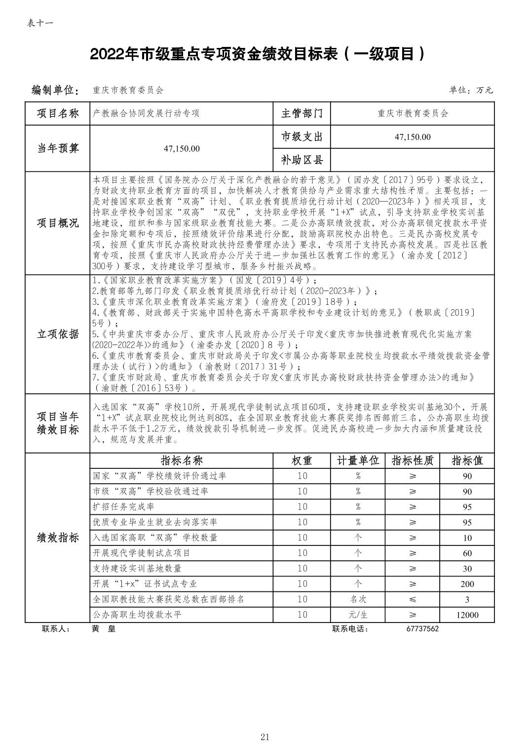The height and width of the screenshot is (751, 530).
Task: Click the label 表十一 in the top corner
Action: coord(39,23)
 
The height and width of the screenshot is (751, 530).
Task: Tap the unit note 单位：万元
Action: coord(470,90)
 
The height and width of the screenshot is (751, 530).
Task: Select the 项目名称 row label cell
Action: coord(58,113)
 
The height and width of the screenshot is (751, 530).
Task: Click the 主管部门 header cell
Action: coord(302,113)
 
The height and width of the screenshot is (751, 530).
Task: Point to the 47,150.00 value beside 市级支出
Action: coord(413,137)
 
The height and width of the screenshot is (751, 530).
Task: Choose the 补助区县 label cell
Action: coord(302,160)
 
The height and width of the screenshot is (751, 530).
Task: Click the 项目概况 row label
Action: coord(58,223)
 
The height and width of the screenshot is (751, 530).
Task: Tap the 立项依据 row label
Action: coord(58,334)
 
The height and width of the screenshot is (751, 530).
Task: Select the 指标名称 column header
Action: coord(182,460)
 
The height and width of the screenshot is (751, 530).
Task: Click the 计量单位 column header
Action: coord(358,460)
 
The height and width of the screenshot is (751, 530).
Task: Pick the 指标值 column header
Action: coord(467,460)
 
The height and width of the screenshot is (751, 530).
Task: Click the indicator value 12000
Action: coord(467,615)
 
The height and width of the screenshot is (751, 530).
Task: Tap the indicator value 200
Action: coord(467,584)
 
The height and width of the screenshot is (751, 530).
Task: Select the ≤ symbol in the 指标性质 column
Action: coord(413,599)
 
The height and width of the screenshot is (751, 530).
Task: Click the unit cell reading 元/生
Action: coord(358,615)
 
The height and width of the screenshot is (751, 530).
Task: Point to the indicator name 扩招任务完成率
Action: coord(124,507)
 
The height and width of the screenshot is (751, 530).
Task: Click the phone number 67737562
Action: coord(422,629)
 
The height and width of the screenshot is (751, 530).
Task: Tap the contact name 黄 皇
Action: coord(103,629)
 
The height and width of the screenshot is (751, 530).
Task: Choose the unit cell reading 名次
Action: coord(358,599)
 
